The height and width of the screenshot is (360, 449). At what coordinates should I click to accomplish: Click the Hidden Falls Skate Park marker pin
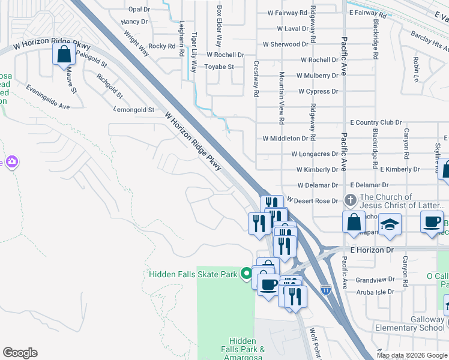pos(246,274)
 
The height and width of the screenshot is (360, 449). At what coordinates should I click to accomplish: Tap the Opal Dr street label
pos(139,10)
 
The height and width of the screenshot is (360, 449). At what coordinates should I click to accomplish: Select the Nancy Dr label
pos(134,22)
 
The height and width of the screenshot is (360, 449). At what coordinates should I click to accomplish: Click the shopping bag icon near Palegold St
pos(64,55)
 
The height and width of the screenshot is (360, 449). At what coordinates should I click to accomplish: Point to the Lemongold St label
pos(134,110)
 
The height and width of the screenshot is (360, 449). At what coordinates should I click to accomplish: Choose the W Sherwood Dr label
pos(285,44)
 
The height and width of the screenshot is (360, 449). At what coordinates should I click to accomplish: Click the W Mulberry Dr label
pos(318,76)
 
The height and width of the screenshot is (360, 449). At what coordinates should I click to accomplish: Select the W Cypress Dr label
pos(318,92)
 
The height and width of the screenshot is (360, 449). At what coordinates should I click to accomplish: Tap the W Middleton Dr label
pos(285,138)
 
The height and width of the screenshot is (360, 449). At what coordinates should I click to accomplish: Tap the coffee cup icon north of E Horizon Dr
pos(432,221)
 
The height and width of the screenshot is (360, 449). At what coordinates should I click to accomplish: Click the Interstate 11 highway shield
pos(325,290)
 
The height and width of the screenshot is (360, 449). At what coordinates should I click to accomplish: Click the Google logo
pos(20,353)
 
